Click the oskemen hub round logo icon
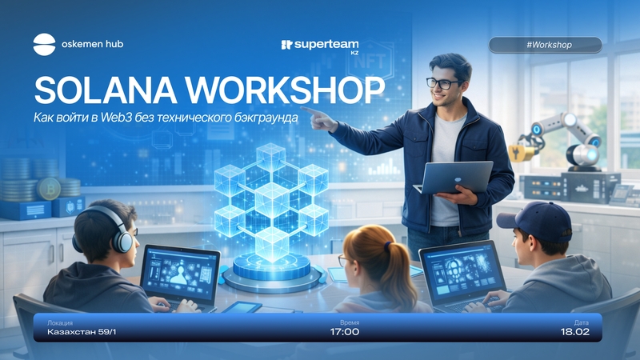point(44,45)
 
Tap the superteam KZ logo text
point(320,46)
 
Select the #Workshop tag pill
point(545,45)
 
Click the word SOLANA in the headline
point(106,90)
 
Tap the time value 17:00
point(345,332)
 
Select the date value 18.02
point(574,332)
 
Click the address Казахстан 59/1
point(82,332)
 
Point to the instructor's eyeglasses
point(442,84)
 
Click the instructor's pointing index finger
point(310,111)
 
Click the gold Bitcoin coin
point(49,189)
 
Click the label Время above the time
point(350,322)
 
